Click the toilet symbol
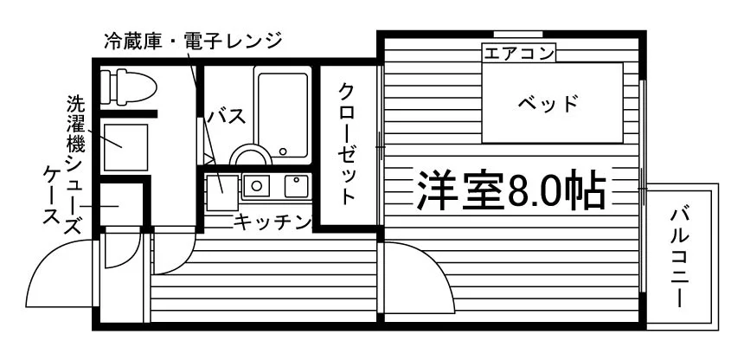[127, 87]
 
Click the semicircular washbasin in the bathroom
[253, 156]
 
